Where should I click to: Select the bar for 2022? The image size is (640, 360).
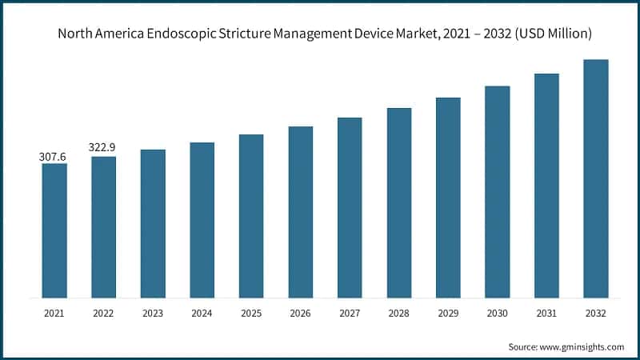pos(103,227)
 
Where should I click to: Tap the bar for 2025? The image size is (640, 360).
pos(251,216)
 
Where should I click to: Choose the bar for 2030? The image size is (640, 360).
pos(498,192)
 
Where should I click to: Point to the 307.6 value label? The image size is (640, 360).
pos(54,158)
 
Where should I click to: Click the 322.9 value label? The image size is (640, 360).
pos(103,149)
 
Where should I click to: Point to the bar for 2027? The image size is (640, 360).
pos(350,207)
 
